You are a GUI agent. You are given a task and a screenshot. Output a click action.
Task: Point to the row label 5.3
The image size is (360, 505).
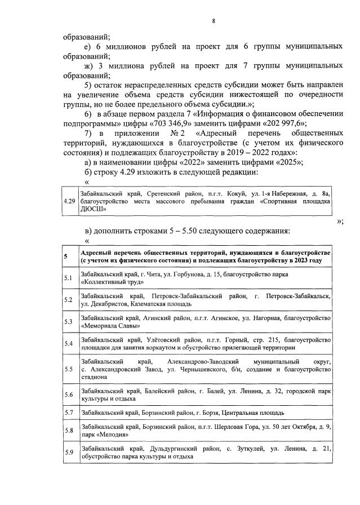tap(68, 321)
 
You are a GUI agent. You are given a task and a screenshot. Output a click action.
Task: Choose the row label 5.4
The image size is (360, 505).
tap(68, 343)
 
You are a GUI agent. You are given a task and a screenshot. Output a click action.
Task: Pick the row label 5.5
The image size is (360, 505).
tap(68, 369)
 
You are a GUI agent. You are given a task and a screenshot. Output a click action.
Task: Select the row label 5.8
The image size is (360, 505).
tap(68, 431)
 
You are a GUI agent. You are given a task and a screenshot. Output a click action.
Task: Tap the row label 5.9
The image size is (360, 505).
tap(68, 453)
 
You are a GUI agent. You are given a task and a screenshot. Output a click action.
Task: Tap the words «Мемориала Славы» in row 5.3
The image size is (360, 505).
tap(107, 325)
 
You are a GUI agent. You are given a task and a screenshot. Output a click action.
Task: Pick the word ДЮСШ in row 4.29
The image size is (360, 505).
tap(92, 208)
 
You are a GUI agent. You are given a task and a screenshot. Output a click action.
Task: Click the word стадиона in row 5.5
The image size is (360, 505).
tap(94, 378)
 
